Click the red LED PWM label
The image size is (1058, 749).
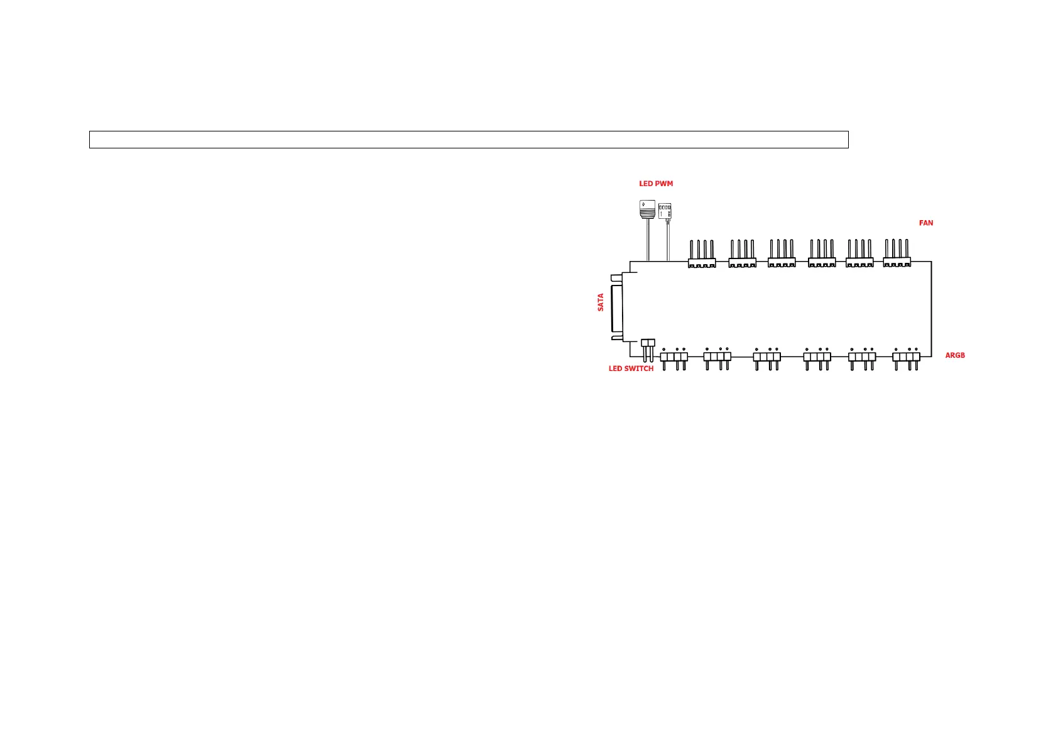(656, 184)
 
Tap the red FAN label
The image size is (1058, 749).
(926, 223)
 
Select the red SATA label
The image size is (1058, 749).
(601, 302)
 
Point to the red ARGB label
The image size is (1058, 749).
(954, 355)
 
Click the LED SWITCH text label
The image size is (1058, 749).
(631, 369)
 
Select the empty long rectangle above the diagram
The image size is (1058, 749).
(469, 140)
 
